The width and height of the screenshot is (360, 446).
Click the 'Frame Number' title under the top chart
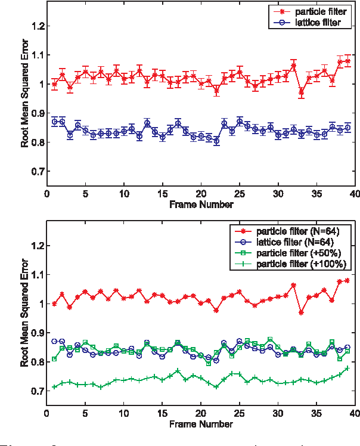200,205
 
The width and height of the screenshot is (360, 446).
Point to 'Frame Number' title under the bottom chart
200,425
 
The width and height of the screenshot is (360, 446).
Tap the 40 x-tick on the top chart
354,194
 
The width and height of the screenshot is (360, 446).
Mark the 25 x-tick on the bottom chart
239,413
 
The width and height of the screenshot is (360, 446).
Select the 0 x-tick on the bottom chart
47,413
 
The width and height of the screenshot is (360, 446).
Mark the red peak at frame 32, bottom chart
294,286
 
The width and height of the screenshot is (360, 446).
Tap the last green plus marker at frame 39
347,368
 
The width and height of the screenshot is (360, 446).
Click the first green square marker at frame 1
55,359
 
